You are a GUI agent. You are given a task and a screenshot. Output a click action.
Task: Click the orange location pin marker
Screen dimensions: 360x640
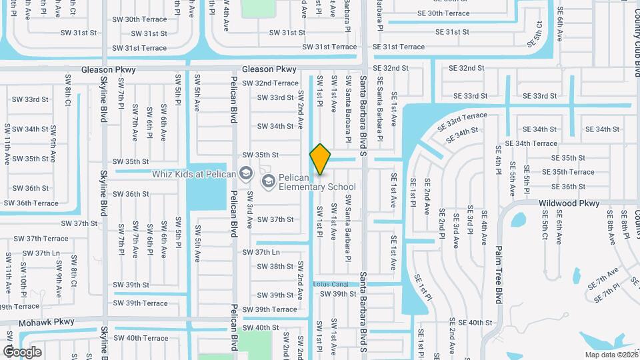[x=320, y=159]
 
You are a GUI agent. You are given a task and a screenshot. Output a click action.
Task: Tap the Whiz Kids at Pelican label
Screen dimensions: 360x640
[x=193, y=175]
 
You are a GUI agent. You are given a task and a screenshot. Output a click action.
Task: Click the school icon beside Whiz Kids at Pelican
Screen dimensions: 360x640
[x=246, y=174]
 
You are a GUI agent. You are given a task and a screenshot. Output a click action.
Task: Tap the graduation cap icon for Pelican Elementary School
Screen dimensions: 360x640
[x=268, y=181]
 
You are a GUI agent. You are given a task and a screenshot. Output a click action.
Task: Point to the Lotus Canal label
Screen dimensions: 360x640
[x=331, y=284]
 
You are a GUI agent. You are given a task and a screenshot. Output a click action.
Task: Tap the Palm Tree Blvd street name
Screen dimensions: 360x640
[x=498, y=264]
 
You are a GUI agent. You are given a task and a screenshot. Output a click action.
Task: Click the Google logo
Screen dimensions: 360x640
[x=23, y=351]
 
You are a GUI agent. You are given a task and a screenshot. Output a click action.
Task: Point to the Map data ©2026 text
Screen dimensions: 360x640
[x=611, y=355]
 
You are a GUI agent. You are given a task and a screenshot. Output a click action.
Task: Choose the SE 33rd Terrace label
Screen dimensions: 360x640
[x=463, y=120]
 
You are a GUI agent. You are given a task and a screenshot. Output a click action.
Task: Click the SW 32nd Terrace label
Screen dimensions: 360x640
[x=270, y=83]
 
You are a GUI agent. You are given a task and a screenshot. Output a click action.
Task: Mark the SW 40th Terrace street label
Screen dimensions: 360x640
[x=141, y=338]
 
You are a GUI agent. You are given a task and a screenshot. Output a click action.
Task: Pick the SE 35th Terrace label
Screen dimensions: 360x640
[x=568, y=172]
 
